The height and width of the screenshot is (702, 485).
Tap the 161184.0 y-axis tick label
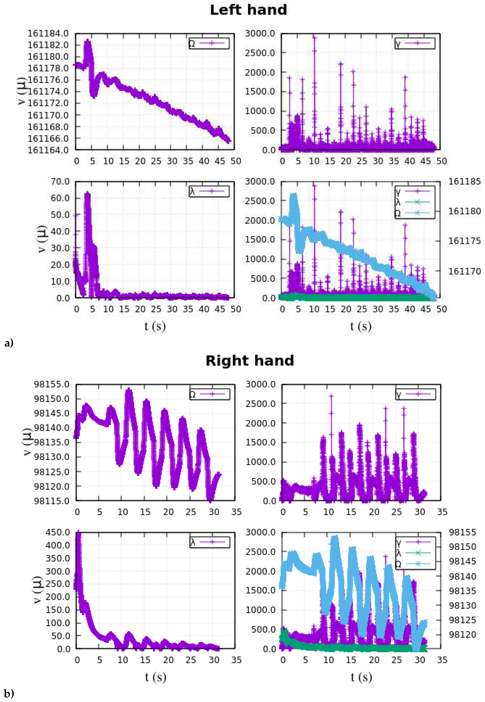(48, 33)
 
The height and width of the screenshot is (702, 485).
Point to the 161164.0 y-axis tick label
(48, 150)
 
